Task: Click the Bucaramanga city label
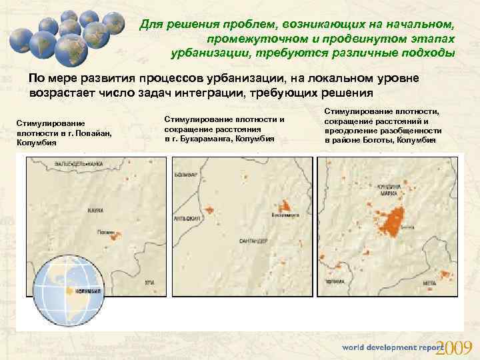click(x=285, y=215)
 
